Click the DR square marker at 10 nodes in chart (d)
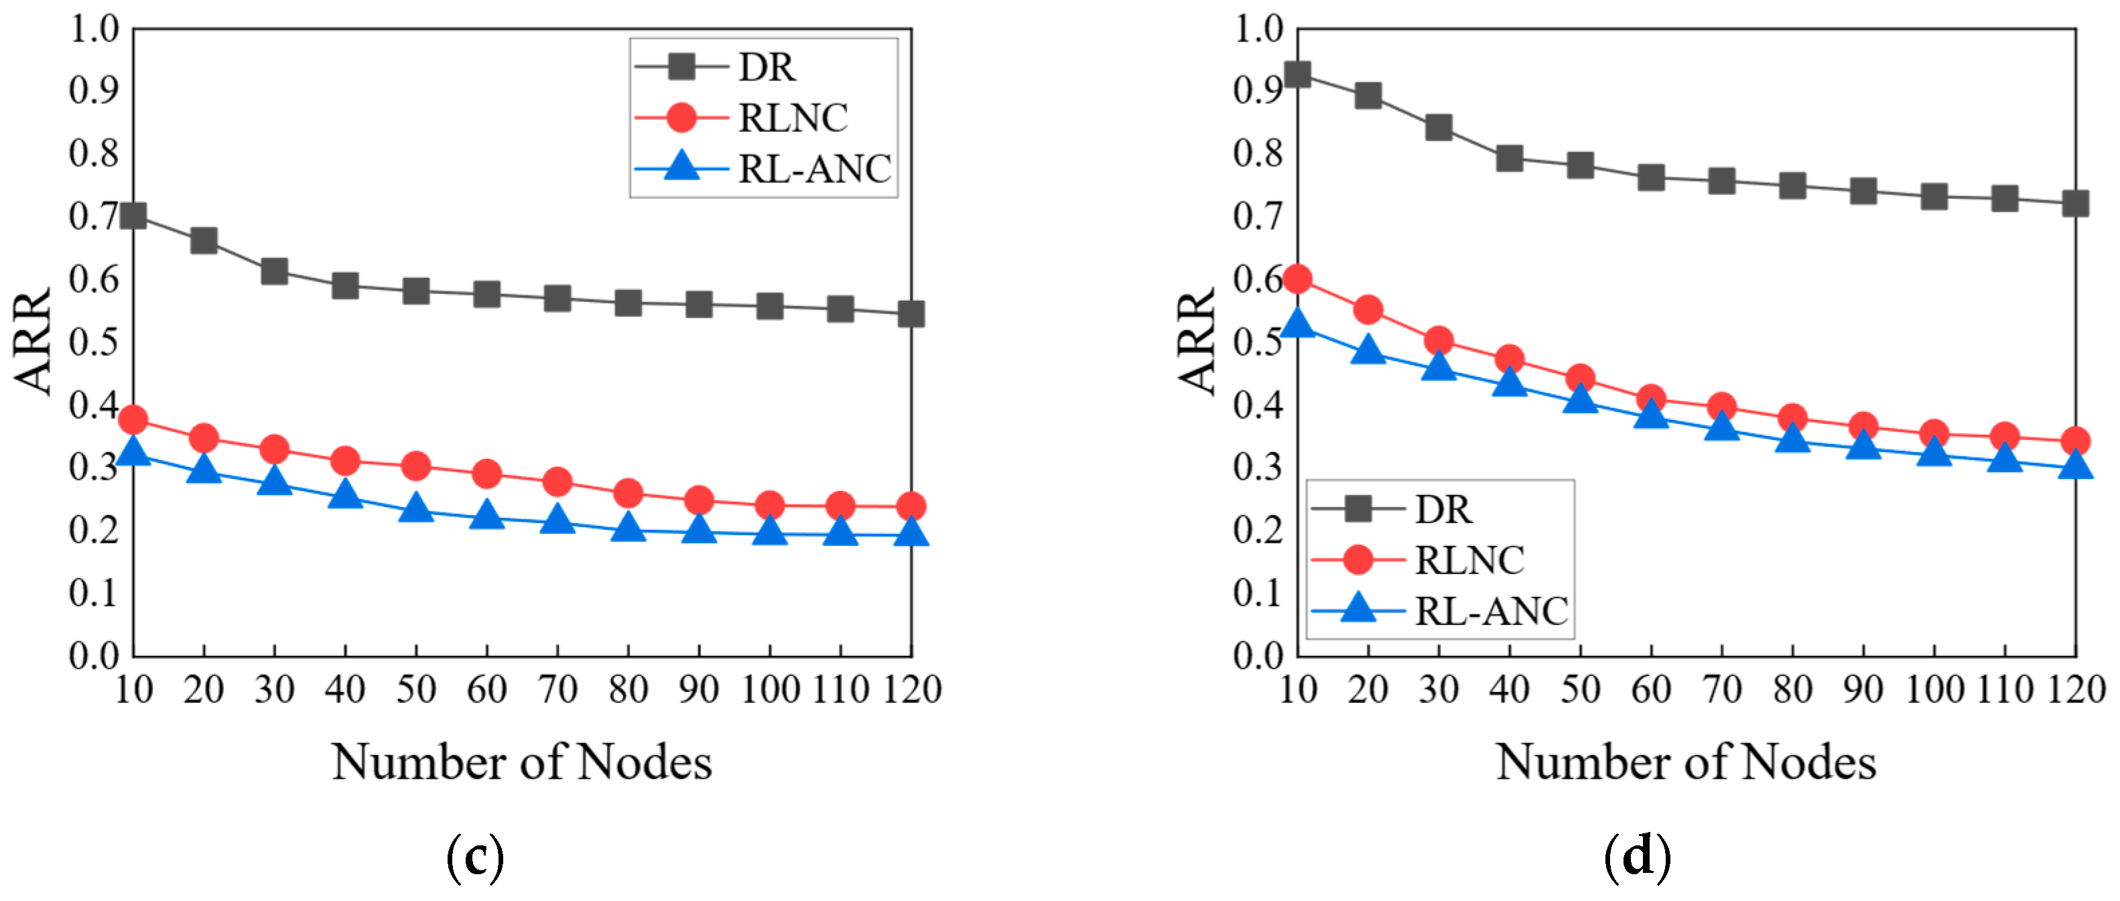1298,75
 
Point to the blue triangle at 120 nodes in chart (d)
2076,466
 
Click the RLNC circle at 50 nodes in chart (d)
1580,378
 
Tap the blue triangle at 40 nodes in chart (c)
345,495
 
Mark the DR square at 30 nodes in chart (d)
1439,127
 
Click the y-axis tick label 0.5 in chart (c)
94,342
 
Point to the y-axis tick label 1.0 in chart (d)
1258,29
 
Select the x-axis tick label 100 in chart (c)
769,689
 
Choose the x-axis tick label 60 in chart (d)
1651,689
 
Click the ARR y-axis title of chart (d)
1197,341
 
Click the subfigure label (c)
475,857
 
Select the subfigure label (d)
1638,857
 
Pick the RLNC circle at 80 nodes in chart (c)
628,494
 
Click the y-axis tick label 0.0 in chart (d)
1258,656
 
